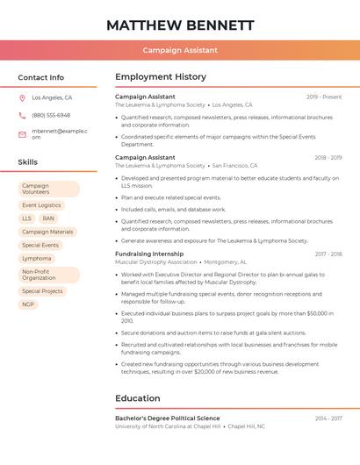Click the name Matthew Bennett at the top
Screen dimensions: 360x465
(180, 25)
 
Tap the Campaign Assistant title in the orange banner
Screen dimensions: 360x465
(180, 51)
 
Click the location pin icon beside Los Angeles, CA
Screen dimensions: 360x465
(22, 98)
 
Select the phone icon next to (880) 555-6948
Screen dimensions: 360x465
(22, 116)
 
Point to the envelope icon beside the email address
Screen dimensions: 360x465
(22, 134)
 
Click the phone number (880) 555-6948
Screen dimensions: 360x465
(51, 116)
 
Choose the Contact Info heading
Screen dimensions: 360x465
(40, 77)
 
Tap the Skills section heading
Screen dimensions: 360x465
(28, 162)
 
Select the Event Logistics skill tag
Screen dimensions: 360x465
(41, 205)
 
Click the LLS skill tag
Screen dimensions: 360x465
(26, 218)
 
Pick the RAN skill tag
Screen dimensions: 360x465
(48, 218)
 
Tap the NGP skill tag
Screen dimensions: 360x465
(28, 304)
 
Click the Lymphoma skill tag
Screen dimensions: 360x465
(37, 259)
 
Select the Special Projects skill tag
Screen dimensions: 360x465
(42, 291)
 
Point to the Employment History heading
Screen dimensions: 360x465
(161, 77)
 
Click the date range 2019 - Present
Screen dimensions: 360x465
(324, 97)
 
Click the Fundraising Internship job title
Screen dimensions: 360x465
(149, 254)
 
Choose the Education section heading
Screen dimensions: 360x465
(138, 398)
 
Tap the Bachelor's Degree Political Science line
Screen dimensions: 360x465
(168, 418)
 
